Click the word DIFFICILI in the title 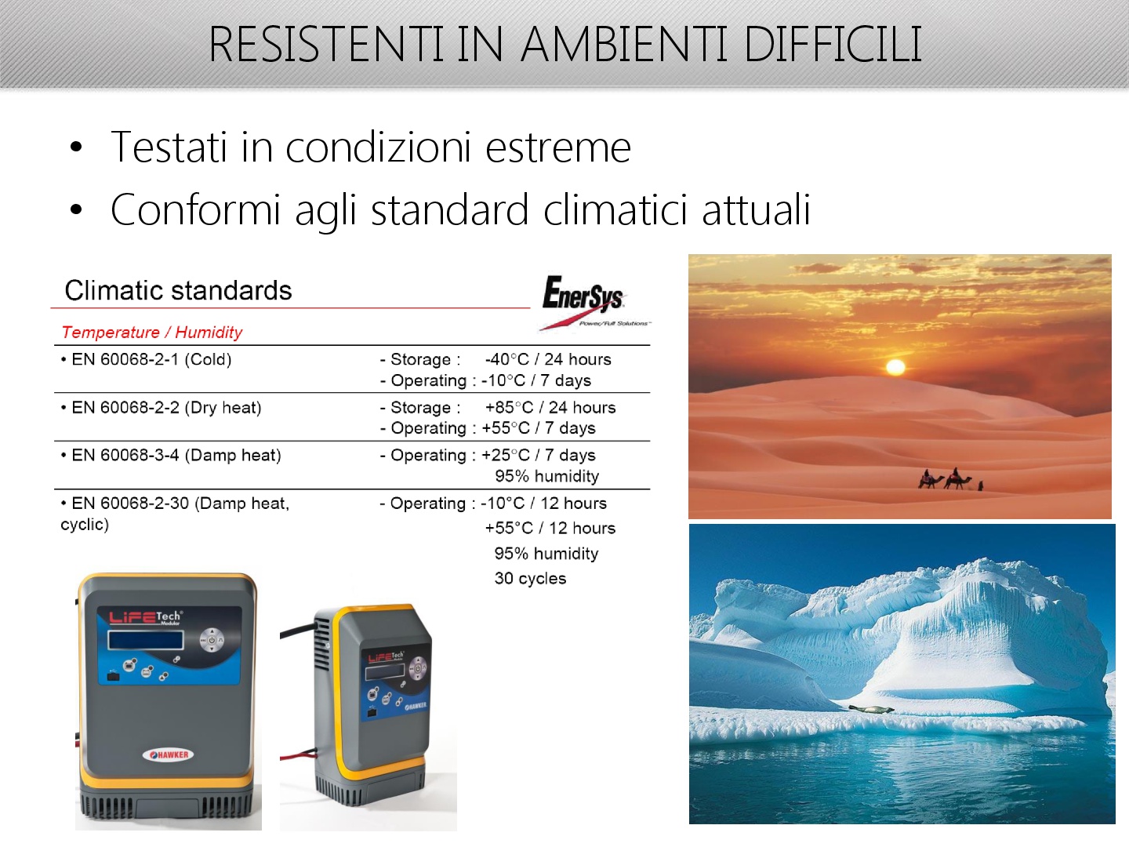pyautogui.click(x=832, y=44)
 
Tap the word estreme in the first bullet pyautogui.click(x=558, y=147)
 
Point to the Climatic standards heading pyautogui.click(x=178, y=290)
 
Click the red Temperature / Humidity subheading pyautogui.click(x=152, y=333)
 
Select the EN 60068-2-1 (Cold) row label pyautogui.click(x=146, y=359)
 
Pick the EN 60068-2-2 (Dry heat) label pyautogui.click(x=161, y=407)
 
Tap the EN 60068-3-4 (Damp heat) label pyautogui.click(x=171, y=455)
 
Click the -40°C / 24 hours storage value pyautogui.click(x=548, y=359)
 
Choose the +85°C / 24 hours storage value pyautogui.click(x=550, y=407)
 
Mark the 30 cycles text pyautogui.click(x=530, y=578)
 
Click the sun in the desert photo pyautogui.click(x=895, y=367)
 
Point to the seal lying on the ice pyautogui.click(x=871, y=709)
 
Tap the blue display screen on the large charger pyautogui.click(x=146, y=640)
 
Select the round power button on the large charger pyautogui.click(x=212, y=640)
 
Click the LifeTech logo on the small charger pyautogui.click(x=386, y=656)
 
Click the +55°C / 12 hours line pyautogui.click(x=550, y=528)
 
